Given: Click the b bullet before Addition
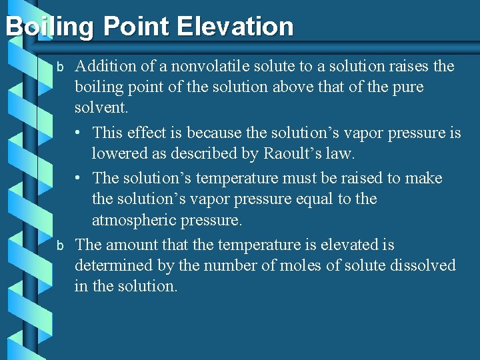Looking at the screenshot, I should pos(59,67).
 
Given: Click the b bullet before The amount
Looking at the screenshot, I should pos(59,246).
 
